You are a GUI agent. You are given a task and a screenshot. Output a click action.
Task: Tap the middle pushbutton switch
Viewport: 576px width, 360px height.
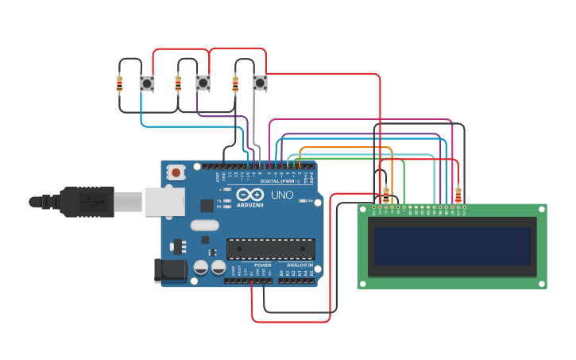(x=203, y=83)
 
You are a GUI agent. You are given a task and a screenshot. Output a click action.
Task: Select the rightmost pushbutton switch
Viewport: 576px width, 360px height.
(x=260, y=82)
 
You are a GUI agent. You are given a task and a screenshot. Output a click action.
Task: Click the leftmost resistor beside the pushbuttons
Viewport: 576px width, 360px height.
(x=120, y=83)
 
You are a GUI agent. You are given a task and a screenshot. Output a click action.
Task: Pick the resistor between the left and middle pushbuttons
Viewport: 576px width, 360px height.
(x=178, y=83)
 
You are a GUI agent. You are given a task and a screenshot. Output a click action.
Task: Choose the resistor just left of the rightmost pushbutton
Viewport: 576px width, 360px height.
(x=235, y=83)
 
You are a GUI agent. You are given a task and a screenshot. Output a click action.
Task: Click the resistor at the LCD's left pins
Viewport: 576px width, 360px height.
(x=386, y=194)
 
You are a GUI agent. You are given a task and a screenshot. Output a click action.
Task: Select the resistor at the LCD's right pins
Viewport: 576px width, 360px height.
(x=458, y=194)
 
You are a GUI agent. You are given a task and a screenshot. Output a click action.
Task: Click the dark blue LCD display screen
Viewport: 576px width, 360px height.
(x=452, y=246)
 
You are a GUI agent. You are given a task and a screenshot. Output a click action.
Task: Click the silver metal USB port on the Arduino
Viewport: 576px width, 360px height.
(x=164, y=202)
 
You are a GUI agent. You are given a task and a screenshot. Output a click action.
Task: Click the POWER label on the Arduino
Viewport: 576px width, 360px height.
(x=262, y=265)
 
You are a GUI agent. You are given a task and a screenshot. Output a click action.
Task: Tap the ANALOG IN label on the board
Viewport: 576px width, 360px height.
(x=300, y=265)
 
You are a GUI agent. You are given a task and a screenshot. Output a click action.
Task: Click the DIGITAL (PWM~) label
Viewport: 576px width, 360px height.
(x=275, y=181)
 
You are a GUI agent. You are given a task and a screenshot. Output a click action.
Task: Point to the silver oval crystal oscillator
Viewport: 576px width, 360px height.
(x=204, y=225)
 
